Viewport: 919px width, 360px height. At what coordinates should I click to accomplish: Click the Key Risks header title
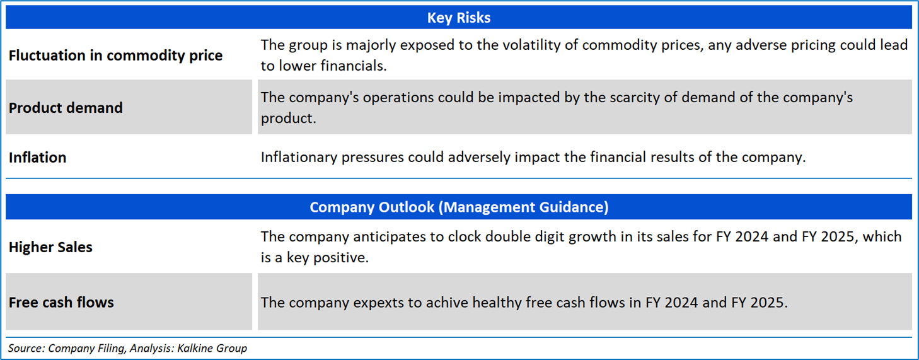[459, 18]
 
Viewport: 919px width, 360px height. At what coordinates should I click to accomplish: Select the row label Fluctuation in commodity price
[116, 55]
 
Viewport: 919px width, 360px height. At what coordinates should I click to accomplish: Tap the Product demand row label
[66, 108]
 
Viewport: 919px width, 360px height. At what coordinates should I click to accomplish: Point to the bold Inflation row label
[37, 157]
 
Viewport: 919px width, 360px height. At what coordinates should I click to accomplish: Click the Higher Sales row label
[50, 247]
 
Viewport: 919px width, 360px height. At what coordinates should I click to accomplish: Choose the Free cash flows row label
[61, 302]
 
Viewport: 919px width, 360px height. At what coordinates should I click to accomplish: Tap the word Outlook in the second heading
[406, 207]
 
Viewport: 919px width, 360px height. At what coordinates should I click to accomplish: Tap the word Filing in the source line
[111, 349]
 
